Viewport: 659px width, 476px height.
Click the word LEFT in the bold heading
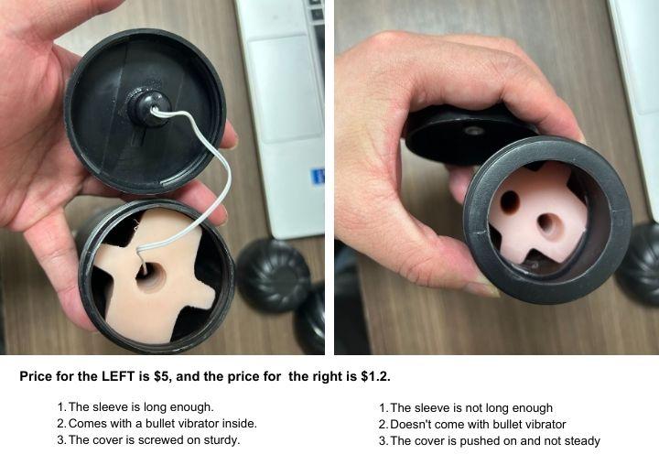point(118,376)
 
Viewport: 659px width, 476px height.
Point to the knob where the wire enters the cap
point(148,108)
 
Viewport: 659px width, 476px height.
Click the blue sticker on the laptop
point(318,177)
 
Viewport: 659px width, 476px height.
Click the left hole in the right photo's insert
point(510,201)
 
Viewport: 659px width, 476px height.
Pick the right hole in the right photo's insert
point(547,224)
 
